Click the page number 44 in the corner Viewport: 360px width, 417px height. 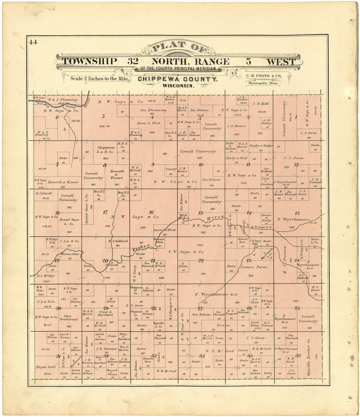[x=33, y=42]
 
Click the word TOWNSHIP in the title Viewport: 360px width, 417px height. [x=89, y=61]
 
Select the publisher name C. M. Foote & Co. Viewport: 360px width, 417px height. [x=263, y=76]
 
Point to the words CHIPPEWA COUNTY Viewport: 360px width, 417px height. [x=177, y=79]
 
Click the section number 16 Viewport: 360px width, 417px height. [x=151, y=212]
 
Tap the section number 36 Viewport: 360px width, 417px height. [x=298, y=356]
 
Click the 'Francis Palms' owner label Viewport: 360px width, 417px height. [x=254, y=267]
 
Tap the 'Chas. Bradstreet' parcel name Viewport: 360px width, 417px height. [x=70, y=318]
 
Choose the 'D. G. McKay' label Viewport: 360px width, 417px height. [x=46, y=276]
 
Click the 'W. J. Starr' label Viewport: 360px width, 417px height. [x=315, y=288]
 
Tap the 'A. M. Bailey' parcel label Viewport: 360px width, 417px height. [x=266, y=122]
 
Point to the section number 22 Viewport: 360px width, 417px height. [x=201, y=261]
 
